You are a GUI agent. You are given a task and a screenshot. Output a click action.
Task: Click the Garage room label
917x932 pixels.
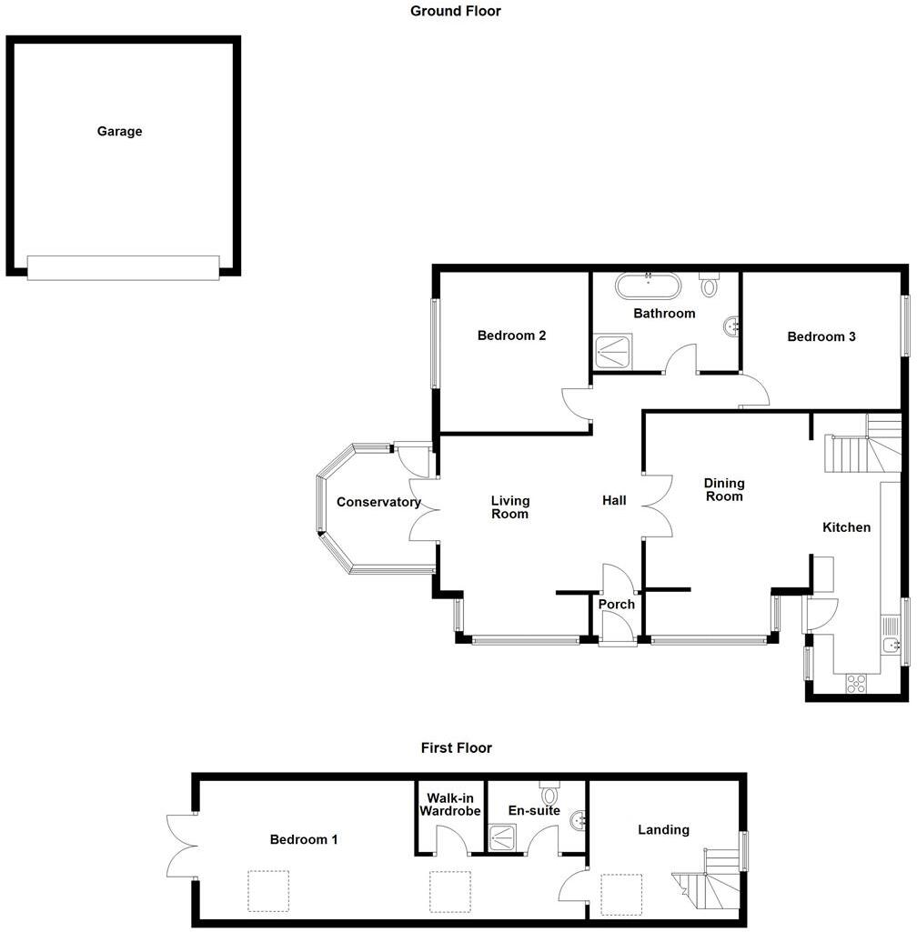coord(120,131)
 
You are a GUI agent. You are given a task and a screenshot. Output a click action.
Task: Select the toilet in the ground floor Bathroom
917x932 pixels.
coord(710,285)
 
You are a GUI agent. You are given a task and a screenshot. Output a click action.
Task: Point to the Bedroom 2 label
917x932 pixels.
coord(511,336)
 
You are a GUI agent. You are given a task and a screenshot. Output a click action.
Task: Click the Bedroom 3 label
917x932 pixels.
coord(821,336)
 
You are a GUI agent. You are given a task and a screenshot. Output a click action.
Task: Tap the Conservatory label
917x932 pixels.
coord(378,502)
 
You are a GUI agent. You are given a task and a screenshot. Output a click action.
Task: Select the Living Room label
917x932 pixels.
coord(509,507)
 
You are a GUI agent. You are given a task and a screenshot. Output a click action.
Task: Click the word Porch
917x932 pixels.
coord(616,604)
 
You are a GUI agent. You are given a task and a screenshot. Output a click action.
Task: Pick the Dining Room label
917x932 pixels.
coord(723,489)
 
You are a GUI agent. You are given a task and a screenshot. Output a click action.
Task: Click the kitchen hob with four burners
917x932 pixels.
coord(856,684)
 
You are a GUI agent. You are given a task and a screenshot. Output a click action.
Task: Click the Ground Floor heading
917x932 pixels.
coord(455,12)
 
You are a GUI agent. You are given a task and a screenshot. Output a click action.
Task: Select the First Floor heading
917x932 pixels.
coord(456,748)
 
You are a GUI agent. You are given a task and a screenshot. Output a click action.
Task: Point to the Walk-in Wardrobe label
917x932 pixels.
coord(449,805)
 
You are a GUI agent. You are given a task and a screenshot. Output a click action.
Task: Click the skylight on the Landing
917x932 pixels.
coord(621,894)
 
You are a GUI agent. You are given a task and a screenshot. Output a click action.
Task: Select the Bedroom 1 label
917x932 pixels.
coord(304,839)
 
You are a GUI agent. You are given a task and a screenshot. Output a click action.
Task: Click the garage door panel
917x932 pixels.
coord(123,267)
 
